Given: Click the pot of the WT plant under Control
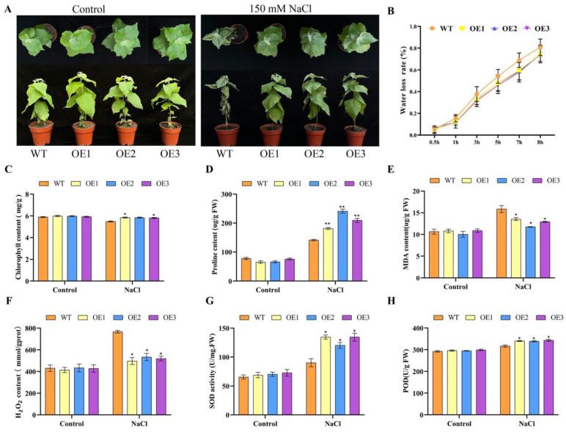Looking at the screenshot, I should pyautogui.click(x=41, y=133).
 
